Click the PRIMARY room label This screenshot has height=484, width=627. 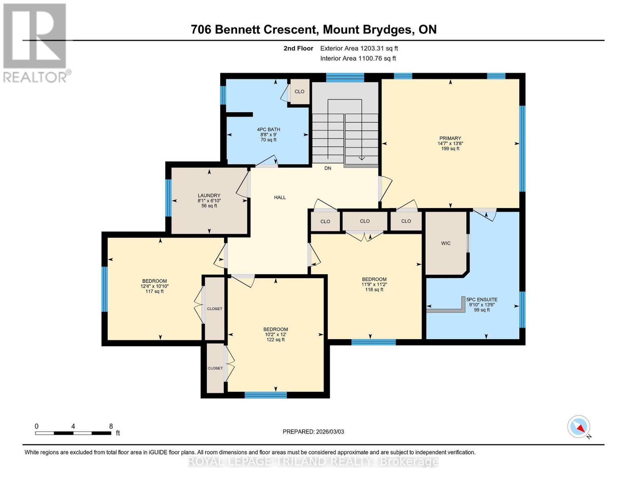click(450, 138)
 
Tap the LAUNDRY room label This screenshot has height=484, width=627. click(209, 196)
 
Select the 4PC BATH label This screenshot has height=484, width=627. click(268, 129)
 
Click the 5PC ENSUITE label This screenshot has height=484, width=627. click(482, 300)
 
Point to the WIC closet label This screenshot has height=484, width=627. click(446, 243)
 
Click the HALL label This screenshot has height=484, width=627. click(280, 197)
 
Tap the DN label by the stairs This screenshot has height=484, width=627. click(328, 168)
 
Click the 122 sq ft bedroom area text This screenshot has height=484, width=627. click(276, 340)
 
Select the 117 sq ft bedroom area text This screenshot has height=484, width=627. click(154, 291)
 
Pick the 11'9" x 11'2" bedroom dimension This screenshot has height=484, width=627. click(374, 284)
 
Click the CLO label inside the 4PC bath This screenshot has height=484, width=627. click(299, 92)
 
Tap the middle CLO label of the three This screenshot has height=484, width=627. click(365, 221)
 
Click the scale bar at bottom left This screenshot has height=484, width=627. click(73, 433)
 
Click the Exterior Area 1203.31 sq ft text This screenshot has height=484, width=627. click(359, 48)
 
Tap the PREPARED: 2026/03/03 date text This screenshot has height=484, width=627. click(313, 432)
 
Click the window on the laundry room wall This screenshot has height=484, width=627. click(168, 198)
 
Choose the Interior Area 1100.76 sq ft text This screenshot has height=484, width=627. click(358, 58)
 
